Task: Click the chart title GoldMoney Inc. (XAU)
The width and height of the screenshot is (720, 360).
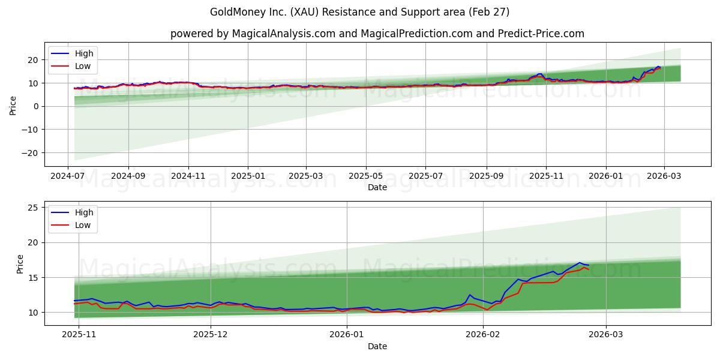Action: coord(359,12)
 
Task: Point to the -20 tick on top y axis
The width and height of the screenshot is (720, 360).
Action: coord(30,153)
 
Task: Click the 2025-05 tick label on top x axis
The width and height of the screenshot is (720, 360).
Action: coord(366,176)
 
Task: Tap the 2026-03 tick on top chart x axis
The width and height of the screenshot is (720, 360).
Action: coord(664,176)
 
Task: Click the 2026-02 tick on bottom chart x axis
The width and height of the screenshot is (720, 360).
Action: coord(484,335)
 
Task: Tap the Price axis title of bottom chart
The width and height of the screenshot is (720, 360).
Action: coord(20,264)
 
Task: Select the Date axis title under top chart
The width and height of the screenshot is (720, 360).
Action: coord(377,187)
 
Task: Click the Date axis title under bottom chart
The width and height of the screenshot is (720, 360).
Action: coord(377,346)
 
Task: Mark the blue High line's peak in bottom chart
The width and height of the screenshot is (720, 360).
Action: coord(580,262)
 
